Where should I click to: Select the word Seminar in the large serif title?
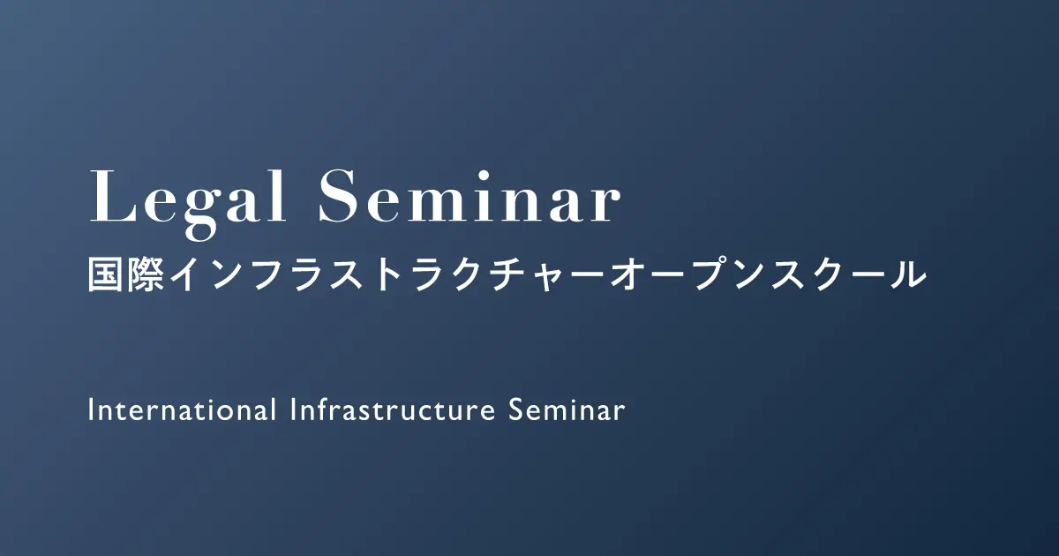[x=469, y=196]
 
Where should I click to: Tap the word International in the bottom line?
[x=183, y=409]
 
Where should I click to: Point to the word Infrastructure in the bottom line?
[x=393, y=409]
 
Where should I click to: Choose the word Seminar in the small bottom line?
[x=567, y=410]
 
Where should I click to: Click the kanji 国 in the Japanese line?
[x=107, y=275]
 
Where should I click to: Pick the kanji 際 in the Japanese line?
[x=147, y=275]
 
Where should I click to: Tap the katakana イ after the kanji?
[x=188, y=275]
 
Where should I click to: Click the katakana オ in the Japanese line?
[x=627, y=275]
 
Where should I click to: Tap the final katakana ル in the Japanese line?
[x=906, y=275]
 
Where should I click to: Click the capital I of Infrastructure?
[x=293, y=409]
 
